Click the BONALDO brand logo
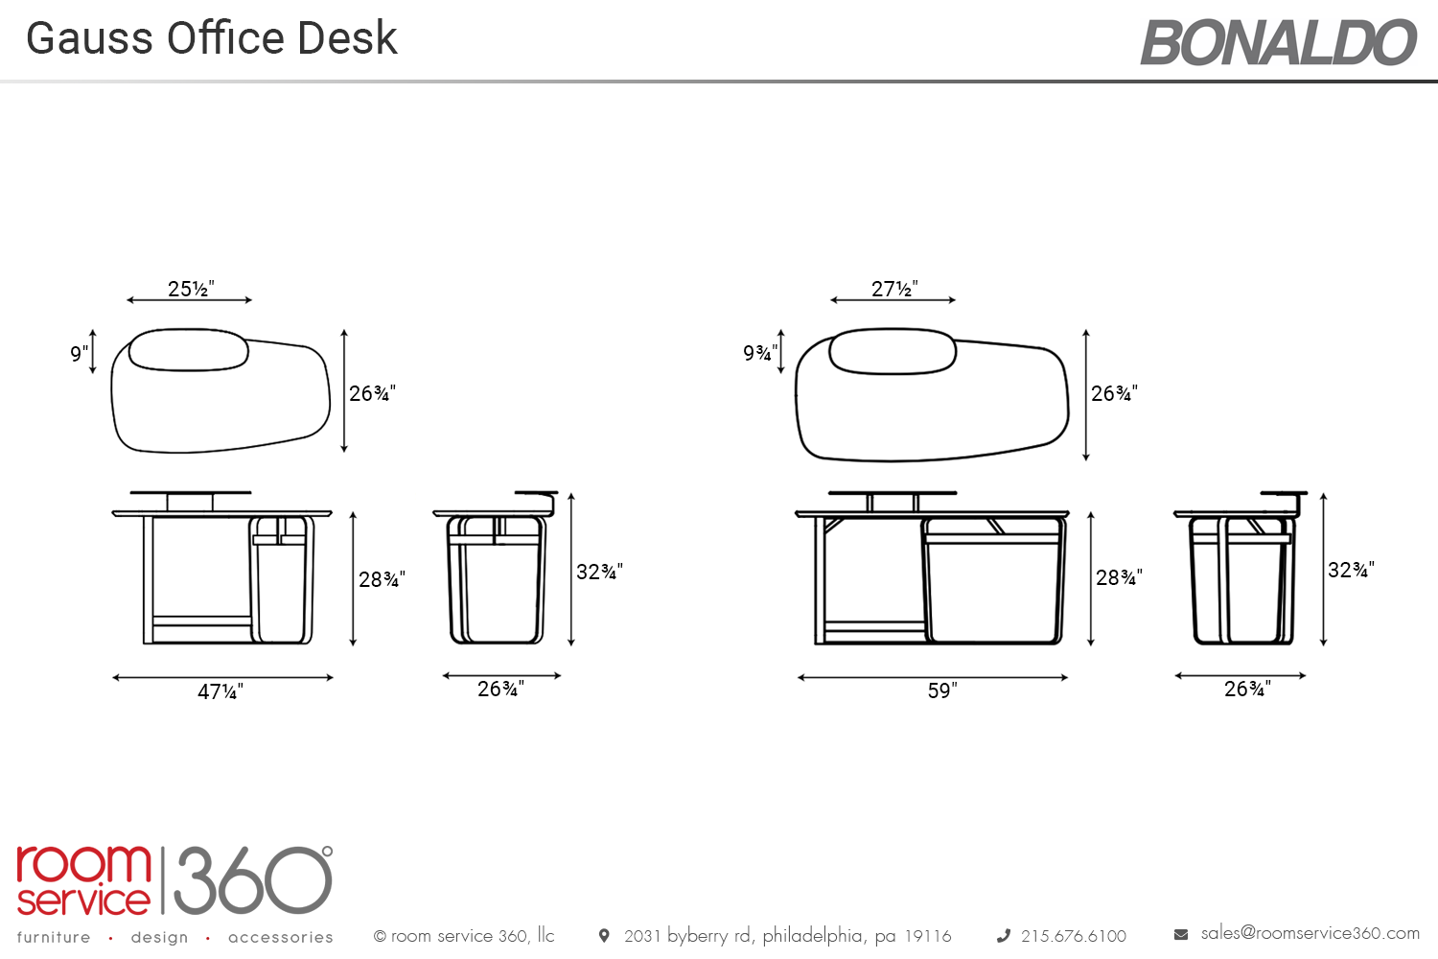(x=1278, y=42)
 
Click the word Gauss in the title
(x=89, y=38)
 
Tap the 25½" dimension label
(x=191, y=289)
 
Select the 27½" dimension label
(x=894, y=289)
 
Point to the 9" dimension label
(x=79, y=353)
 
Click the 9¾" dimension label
(x=760, y=352)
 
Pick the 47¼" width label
(x=220, y=691)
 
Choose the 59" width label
(x=941, y=690)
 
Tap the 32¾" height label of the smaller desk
(x=599, y=571)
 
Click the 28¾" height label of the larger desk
(x=1119, y=577)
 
